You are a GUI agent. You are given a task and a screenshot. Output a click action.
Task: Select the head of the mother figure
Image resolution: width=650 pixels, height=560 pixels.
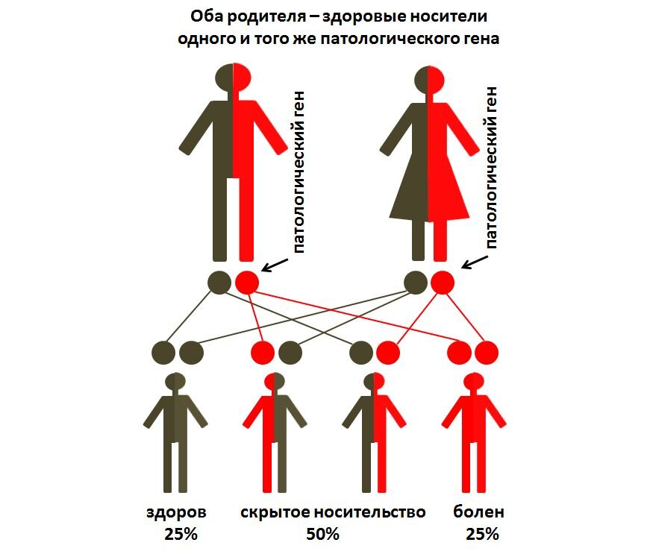(429, 80)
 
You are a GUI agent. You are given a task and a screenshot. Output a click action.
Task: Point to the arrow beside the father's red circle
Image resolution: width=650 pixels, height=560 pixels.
(275, 265)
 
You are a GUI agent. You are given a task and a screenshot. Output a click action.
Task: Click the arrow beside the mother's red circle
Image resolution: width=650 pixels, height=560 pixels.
(475, 262)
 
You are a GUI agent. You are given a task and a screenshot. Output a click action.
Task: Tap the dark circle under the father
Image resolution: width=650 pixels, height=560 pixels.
(219, 283)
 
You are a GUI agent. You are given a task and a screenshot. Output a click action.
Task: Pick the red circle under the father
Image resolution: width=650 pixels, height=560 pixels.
(247, 283)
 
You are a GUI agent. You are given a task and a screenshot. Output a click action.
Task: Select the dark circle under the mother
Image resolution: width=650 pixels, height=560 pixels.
(416, 283)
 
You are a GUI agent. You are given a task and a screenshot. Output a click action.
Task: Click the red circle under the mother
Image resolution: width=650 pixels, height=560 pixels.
(443, 283)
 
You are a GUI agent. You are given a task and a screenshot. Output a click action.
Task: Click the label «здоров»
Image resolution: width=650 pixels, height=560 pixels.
(176, 513)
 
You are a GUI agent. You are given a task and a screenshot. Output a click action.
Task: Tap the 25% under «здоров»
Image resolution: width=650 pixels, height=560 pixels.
(181, 535)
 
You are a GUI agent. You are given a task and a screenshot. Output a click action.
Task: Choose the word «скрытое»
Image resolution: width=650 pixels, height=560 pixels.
(275, 513)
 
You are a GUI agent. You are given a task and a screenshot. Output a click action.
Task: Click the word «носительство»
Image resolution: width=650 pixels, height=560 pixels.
(369, 512)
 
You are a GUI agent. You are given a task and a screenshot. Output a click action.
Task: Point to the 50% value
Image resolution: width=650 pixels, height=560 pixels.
(322, 535)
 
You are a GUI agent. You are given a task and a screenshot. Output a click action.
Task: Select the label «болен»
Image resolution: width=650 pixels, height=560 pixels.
(479, 512)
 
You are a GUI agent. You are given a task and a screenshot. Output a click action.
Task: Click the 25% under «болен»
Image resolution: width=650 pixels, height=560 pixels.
(482, 535)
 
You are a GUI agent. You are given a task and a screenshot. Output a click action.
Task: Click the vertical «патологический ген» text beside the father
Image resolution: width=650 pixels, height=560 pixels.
(299, 172)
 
